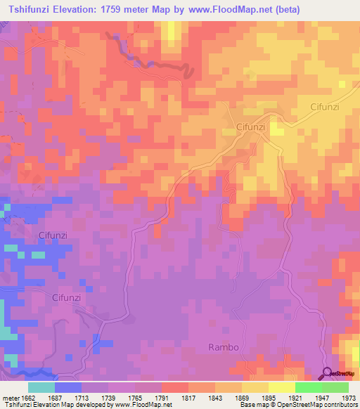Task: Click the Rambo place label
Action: click(224, 347)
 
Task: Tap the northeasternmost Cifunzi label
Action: click(325, 107)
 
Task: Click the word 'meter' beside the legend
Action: click(11, 398)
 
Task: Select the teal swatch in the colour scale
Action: click(41, 387)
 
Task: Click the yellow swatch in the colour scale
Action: click(281, 387)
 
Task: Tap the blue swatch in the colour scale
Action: click(68, 387)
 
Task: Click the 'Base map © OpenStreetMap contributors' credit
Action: click(297, 405)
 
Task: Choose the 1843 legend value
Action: click(230, 398)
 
